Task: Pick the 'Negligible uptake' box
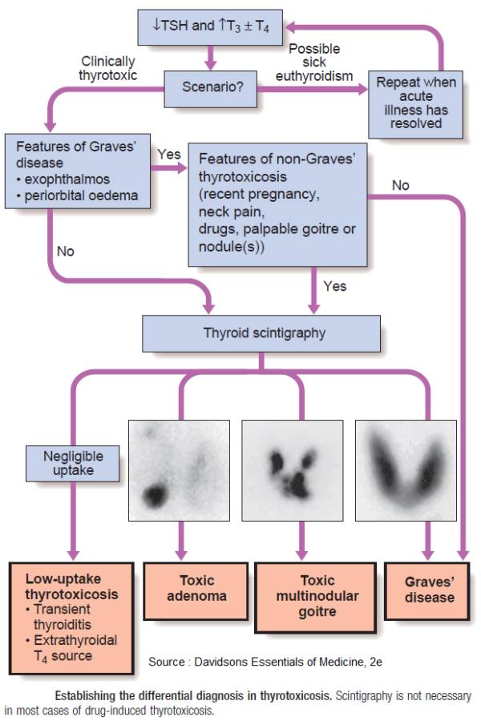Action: click(x=73, y=462)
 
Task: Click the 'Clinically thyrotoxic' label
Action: click(x=107, y=67)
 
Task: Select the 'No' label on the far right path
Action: click(x=400, y=185)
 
